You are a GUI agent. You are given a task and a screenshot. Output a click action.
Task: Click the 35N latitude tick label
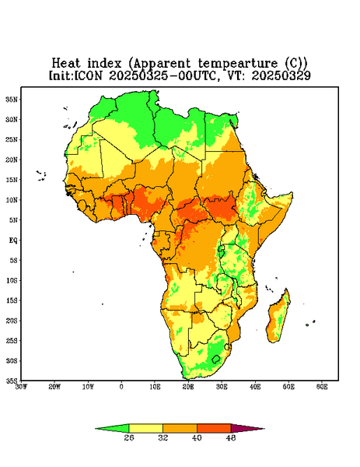click(x=12, y=100)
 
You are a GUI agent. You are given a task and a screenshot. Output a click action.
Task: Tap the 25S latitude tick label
click(x=12, y=340)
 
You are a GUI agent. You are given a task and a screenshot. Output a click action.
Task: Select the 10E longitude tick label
click(x=155, y=387)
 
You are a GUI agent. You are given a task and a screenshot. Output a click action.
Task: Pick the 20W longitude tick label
click(x=54, y=387)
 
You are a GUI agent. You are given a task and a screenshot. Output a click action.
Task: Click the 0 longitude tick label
click(x=121, y=387)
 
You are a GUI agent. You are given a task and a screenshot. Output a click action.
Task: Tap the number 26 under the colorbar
click(x=129, y=437)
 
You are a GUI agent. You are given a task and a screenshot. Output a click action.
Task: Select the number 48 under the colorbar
click(x=231, y=437)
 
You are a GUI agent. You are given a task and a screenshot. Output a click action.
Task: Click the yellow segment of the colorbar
click(x=145, y=429)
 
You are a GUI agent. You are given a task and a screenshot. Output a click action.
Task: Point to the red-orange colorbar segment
click(x=214, y=429)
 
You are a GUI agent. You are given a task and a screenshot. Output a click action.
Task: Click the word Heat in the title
click(x=66, y=64)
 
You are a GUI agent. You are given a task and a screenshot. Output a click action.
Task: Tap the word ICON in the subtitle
click(x=88, y=75)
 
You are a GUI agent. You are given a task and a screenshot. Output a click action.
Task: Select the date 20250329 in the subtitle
click(x=281, y=75)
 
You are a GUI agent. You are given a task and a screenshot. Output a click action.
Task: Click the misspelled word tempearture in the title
click(x=238, y=64)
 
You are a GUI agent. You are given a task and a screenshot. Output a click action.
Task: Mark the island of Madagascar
click(x=278, y=318)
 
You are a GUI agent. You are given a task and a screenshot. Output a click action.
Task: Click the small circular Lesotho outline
click(x=216, y=360)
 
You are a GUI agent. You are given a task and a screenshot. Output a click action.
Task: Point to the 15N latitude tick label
click(x=12, y=180)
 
